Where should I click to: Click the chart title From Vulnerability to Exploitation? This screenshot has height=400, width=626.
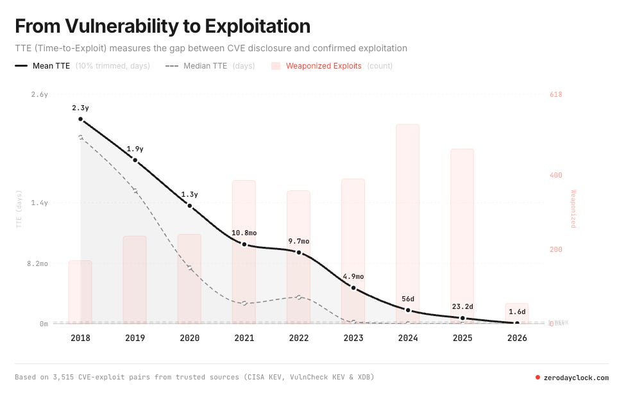(x=162, y=26)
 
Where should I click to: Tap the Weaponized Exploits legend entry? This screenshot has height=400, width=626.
(x=323, y=65)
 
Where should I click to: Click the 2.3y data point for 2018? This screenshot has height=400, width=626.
(x=81, y=119)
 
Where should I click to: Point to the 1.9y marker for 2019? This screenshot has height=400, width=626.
(x=135, y=160)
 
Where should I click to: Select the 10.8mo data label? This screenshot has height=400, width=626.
(x=244, y=233)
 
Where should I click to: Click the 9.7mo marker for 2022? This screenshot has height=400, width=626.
(x=299, y=253)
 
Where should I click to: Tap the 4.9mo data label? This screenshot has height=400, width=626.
(x=353, y=276)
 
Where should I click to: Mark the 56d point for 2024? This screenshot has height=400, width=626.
(x=408, y=310)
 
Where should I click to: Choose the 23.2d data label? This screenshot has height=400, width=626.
(x=462, y=306)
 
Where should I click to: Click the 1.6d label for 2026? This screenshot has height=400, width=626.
(x=517, y=312)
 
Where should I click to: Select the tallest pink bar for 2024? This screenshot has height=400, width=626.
(x=408, y=224)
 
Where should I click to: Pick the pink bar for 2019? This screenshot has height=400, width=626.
(x=135, y=279)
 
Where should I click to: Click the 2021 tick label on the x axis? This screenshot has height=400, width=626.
(x=244, y=338)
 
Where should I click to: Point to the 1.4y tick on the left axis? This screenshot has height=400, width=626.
(x=39, y=203)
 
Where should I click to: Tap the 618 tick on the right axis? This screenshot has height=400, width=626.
(x=556, y=95)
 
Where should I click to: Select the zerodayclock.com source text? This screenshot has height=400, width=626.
(x=576, y=378)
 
